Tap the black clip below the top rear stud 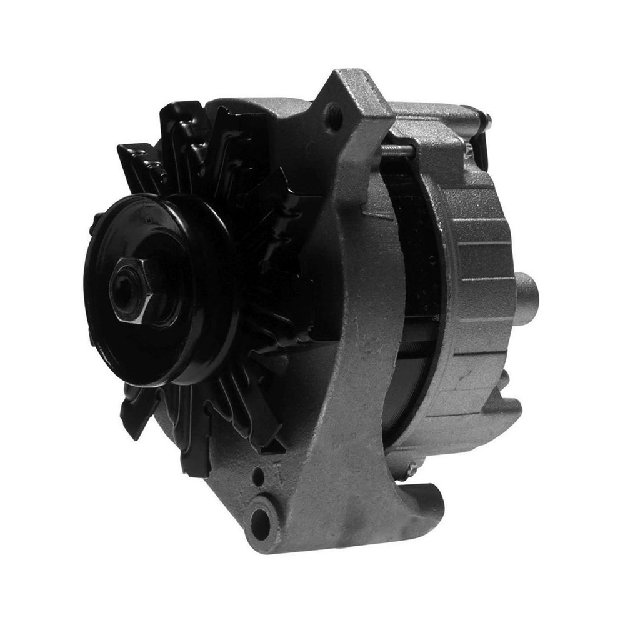[481, 150]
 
